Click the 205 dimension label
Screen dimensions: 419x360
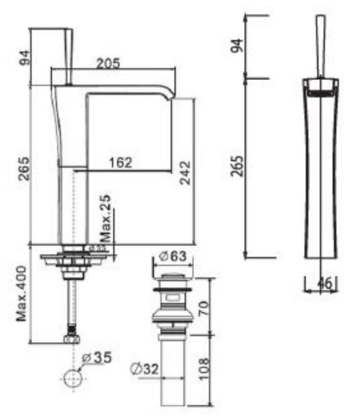[x=107, y=63]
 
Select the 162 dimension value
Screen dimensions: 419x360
[x=120, y=163]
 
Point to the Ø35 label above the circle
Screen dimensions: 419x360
[x=97, y=358]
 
